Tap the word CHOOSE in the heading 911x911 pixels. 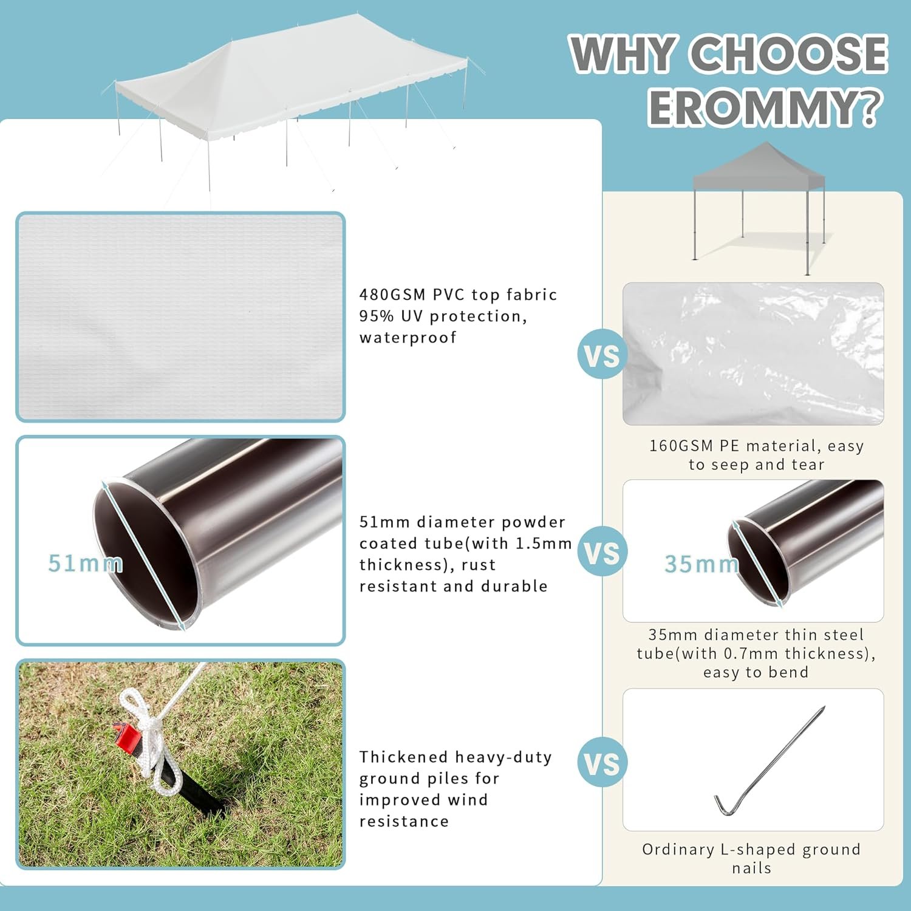790,53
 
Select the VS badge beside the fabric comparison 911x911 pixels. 601,356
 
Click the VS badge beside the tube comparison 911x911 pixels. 601,553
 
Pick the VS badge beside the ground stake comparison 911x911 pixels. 601,763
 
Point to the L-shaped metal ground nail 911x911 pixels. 768,762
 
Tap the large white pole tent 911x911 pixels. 292,79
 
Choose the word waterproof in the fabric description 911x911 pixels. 408,338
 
